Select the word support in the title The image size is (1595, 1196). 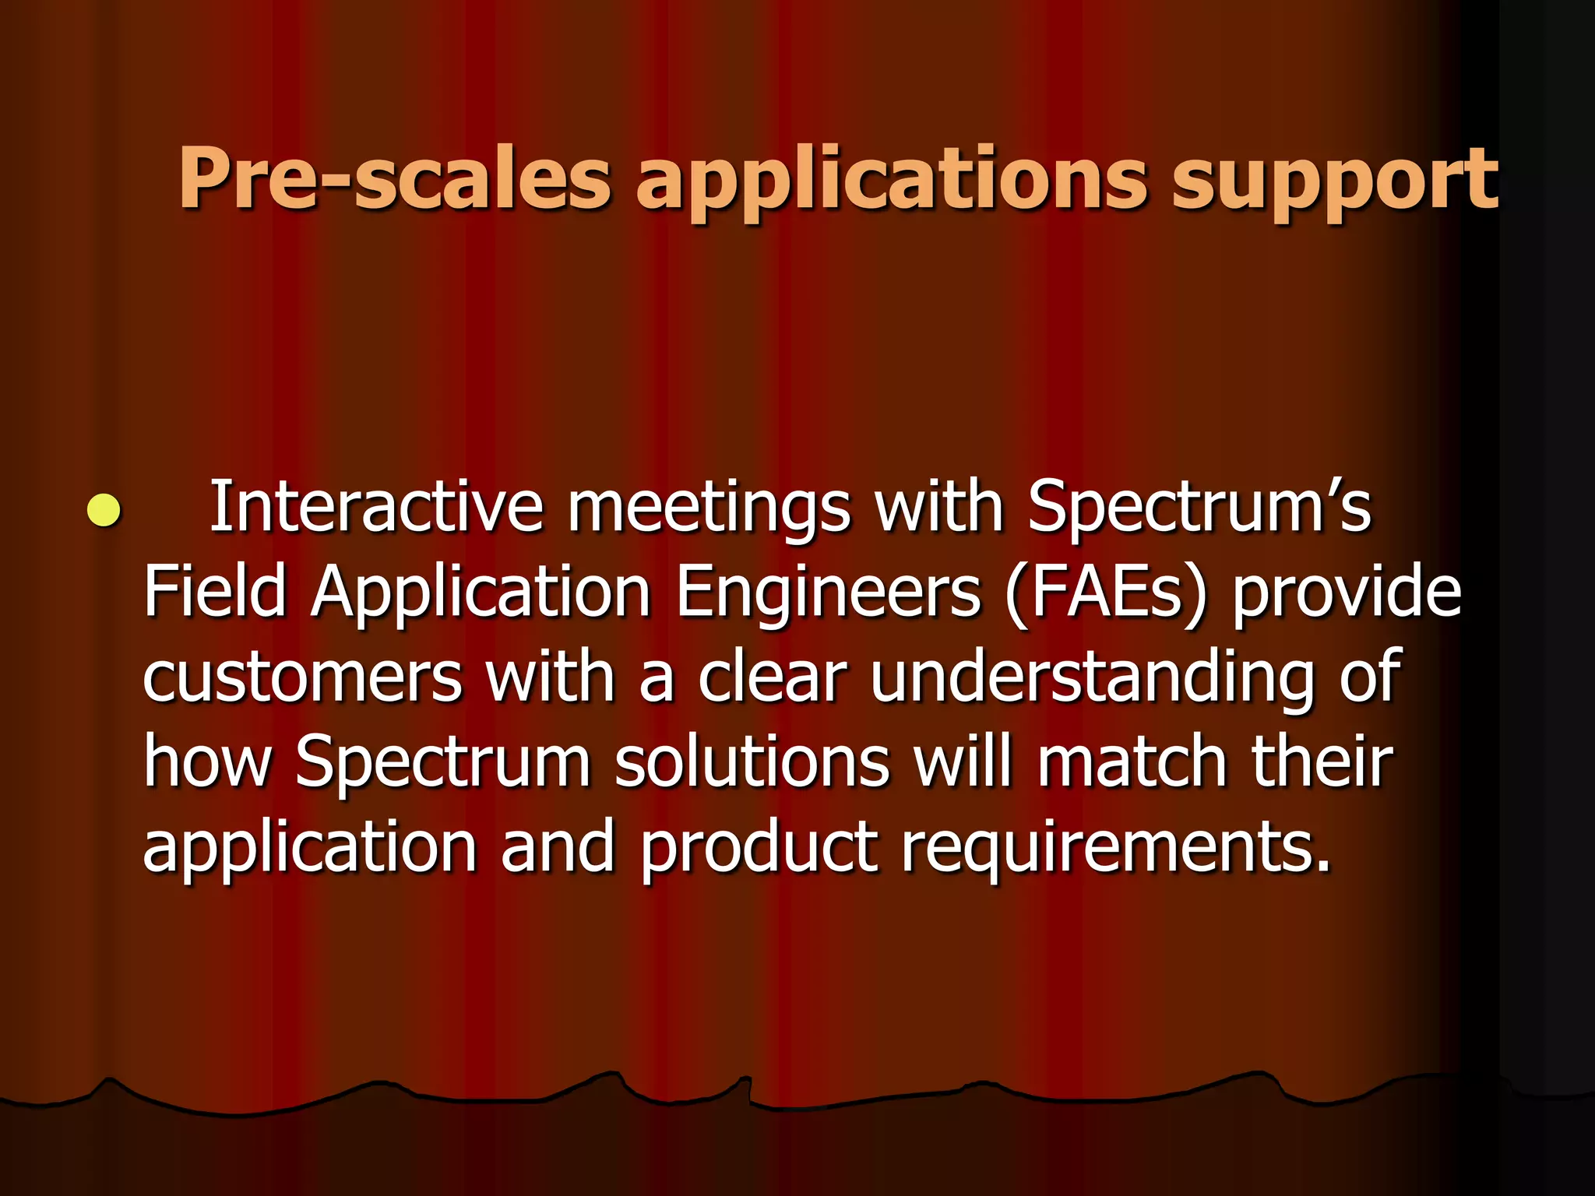coord(1334,183)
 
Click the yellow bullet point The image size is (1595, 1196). coord(104,511)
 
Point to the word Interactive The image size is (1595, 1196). coord(375,507)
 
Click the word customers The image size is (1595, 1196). coord(302,677)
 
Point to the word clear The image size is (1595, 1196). coord(771,677)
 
